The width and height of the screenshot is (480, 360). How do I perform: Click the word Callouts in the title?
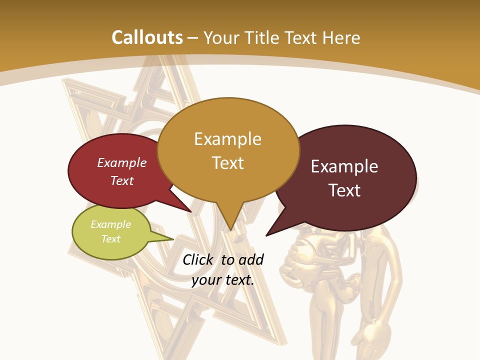[147, 37]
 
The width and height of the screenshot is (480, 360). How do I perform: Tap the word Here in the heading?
[342, 37]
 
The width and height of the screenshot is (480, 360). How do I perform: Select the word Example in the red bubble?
[122, 162]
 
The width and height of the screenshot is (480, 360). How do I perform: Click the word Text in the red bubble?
[122, 180]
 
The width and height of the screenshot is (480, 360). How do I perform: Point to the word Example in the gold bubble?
[227, 139]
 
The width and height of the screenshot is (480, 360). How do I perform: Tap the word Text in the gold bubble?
[227, 163]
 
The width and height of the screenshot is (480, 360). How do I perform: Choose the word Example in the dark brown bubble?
[344, 166]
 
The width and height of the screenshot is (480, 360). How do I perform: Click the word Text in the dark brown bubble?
[344, 190]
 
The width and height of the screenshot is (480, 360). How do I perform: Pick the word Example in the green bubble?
[111, 224]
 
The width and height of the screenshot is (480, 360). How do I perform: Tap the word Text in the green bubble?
[111, 239]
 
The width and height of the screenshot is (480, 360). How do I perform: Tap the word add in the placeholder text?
[251, 259]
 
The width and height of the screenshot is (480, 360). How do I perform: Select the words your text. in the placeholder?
[223, 280]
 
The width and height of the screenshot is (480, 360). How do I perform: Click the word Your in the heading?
[221, 37]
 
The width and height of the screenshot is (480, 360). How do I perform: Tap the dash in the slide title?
[192, 38]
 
